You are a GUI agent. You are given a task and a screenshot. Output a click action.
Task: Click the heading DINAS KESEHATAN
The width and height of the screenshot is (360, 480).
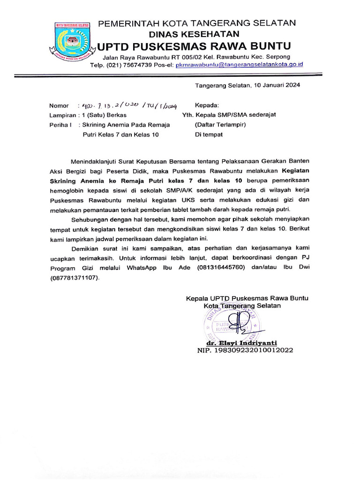(194, 34)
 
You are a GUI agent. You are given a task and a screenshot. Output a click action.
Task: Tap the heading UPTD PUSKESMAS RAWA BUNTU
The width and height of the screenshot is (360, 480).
(194, 46)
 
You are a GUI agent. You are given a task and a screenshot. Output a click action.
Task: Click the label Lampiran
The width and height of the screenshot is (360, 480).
(62, 115)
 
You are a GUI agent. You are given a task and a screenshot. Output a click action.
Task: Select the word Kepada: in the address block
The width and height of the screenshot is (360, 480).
(207, 105)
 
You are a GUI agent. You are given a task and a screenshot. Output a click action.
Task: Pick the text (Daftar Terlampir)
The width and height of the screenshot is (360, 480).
(220, 125)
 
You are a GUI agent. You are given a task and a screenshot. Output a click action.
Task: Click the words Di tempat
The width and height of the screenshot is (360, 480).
(209, 135)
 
